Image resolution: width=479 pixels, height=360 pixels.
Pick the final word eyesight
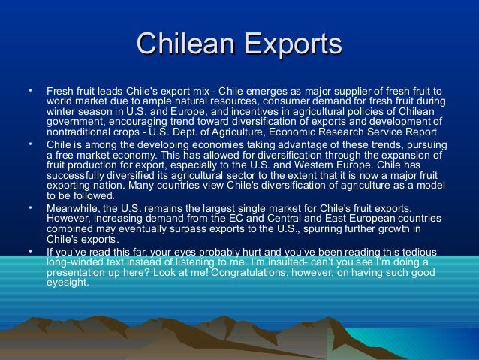[67, 283]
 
